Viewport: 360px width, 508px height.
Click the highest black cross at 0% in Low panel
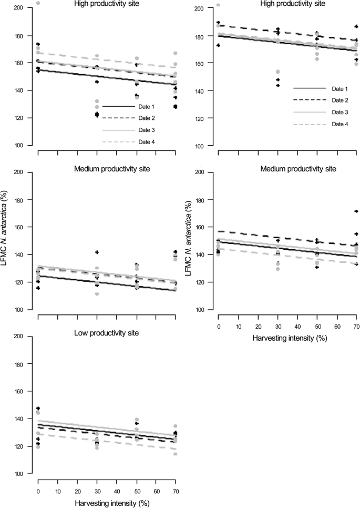(x=38, y=409)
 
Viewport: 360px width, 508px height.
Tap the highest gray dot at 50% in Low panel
(x=137, y=420)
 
